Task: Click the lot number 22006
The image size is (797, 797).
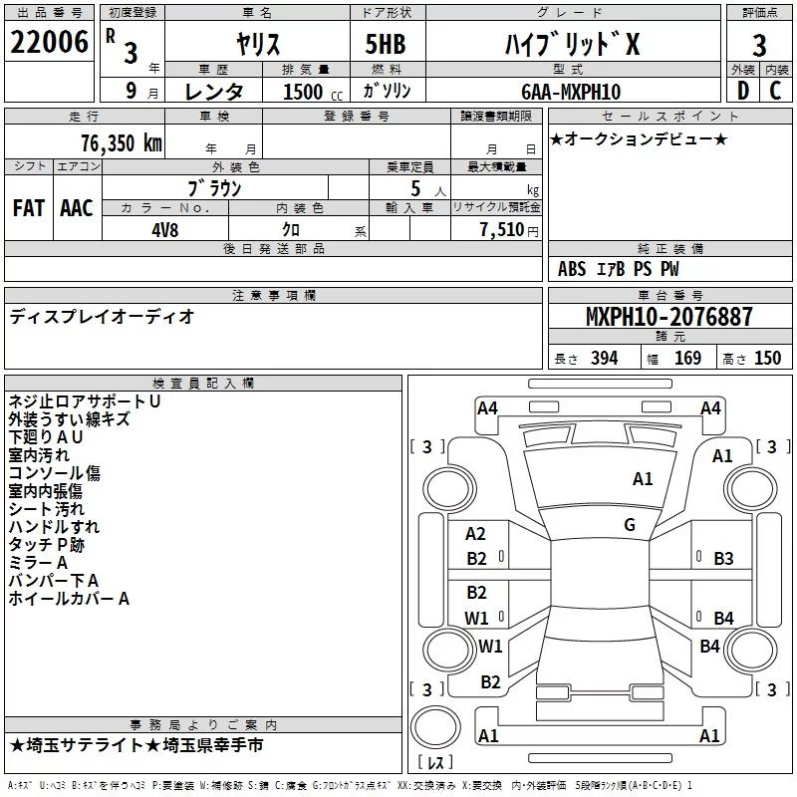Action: pos(49,42)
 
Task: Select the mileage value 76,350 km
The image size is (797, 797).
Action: pos(122,142)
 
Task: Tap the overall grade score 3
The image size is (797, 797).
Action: pos(759,46)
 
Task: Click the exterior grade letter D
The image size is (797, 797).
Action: pos(742,91)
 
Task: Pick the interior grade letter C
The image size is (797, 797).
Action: pos(775,91)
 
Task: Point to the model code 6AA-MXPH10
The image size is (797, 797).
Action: pos(571,92)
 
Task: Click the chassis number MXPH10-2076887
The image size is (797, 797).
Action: pos(668,316)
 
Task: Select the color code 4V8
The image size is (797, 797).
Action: pos(165,230)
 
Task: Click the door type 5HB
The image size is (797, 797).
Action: pos(386,44)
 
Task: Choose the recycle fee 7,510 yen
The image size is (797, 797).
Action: pos(509,230)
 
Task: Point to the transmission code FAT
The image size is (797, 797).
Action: pos(29,208)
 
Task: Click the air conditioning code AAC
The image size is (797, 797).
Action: pos(77,208)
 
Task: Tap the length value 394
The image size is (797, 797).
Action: pos(605,358)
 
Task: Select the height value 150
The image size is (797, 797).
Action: pos(767,358)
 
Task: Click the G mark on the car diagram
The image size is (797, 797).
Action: pos(630,525)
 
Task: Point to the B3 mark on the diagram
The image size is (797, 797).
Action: pos(723,559)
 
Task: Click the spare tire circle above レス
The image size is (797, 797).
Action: pos(435,727)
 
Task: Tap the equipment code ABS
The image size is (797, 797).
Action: pos(572,269)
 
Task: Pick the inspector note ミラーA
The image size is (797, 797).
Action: pos(38,562)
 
